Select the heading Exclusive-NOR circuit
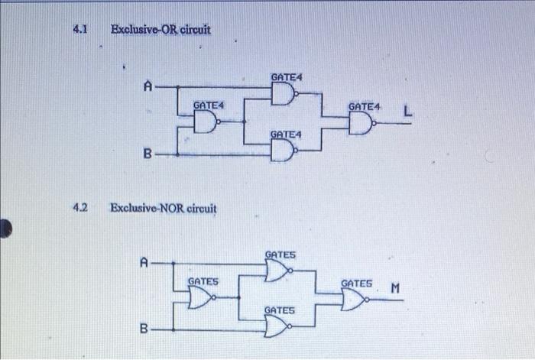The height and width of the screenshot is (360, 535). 164,208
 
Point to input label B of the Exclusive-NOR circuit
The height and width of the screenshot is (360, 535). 144,329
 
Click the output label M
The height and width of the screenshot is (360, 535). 394,289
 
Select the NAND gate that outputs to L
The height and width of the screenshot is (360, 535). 361,123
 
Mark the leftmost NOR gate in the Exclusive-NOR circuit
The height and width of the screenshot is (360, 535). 200,299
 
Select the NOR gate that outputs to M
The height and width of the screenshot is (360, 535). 354,300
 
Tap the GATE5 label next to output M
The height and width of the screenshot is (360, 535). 357,283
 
